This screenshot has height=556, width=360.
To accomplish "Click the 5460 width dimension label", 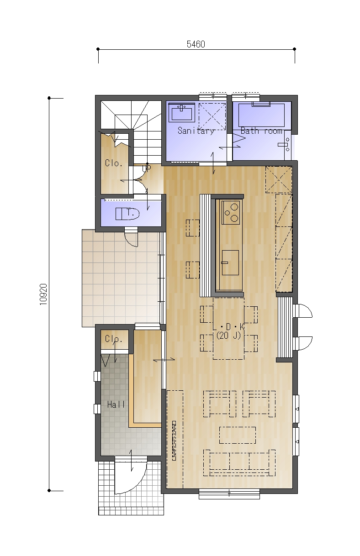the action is (x=196, y=44).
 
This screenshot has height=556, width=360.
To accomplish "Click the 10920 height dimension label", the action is (x=43, y=294).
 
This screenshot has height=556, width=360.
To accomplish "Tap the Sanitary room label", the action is (x=196, y=131).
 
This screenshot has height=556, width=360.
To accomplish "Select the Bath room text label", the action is (x=261, y=131).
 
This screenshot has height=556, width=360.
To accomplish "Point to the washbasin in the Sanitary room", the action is (x=182, y=112).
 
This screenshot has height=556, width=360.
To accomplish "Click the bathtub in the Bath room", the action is (x=261, y=115).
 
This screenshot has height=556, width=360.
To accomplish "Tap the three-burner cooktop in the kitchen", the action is (x=231, y=212).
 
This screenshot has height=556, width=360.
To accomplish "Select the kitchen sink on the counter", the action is (x=230, y=262).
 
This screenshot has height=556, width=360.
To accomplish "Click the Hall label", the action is (x=116, y=405).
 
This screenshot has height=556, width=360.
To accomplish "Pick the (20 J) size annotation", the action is (x=229, y=336).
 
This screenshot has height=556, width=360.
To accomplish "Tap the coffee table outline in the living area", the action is (x=238, y=435).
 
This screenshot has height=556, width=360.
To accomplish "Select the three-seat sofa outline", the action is (x=239, y=463).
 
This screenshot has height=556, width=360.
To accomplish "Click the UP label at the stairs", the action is (x=146, y=168).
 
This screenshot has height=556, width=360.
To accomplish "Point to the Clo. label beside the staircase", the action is (x=114, y=163).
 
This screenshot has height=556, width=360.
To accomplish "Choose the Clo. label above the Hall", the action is (x=114, y=339).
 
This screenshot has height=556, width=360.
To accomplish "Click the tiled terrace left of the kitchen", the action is (x=121, y=278).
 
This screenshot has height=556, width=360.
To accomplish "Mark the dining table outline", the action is (x=228, y=328).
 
